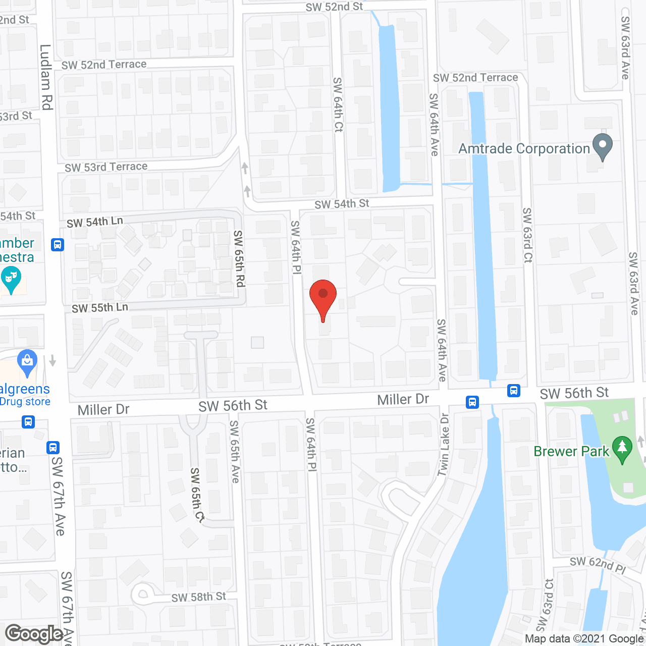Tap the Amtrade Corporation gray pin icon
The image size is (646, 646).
(602, 147)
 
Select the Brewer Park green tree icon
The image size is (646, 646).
(622, 449)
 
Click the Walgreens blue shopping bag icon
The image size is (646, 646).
(27, 362)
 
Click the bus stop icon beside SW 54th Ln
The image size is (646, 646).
(58, 245)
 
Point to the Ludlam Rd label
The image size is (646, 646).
(46, 77)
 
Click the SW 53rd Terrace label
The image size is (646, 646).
(106, 167)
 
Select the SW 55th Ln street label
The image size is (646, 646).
(100, 308)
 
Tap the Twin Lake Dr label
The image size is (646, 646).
(444, 445)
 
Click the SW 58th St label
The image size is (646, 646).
(199, 597)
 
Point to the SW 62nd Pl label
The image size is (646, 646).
(598, 565)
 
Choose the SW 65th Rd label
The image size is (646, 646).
(239, 258)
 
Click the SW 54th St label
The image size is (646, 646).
(342, 204)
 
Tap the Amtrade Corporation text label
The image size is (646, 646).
(524, 149)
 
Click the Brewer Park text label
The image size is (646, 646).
(571, 451)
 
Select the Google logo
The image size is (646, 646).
(34, 634)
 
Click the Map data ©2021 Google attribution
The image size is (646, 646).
(584, 639)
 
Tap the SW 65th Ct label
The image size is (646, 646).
(197, 495)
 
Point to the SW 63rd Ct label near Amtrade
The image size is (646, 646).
(527, 235)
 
